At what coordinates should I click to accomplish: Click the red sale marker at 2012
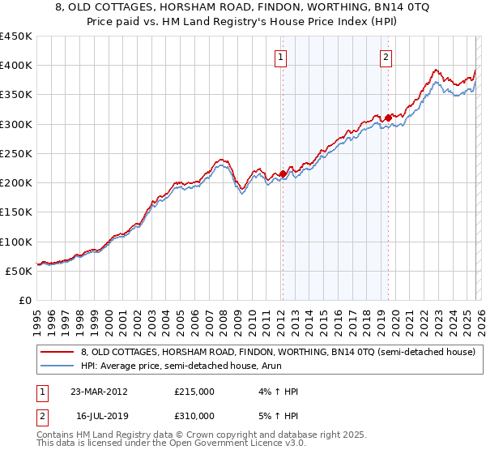tap(283, 173)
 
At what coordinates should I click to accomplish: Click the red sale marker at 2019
tap(388, 118)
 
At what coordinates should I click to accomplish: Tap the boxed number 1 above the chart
tap(280, 57)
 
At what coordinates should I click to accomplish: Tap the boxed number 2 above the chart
tap(386, 57)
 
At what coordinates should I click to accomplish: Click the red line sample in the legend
tap(57, 352)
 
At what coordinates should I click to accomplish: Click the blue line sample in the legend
tap(57, 366)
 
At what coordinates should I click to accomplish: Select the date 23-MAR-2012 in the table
tap(99, 392)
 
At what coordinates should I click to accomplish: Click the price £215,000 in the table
tap(194, 392)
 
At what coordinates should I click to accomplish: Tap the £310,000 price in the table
tap(194, 416)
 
